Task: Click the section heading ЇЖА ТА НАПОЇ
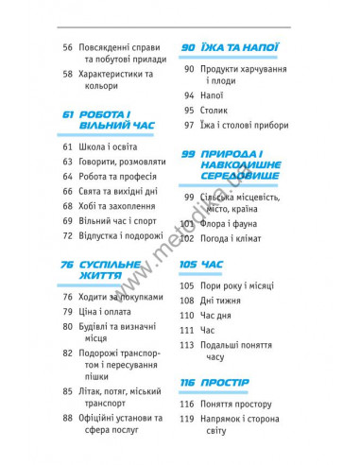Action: [x=246, y=46]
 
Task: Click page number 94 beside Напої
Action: [x=190, y=95]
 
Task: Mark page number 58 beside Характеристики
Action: [x=67, y=73]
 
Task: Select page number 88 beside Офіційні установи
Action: [x=67, y=419]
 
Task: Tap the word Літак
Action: [x=94, y=389]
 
